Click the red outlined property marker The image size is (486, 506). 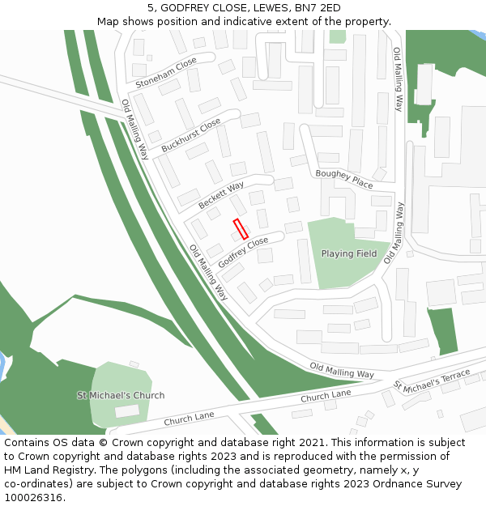(241, 228)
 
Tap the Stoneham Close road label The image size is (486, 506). (166, 72)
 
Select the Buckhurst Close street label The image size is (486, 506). (190, 136)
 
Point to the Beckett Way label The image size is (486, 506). (221, 196)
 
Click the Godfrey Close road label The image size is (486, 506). (243, 253)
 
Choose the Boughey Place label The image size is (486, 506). (344, 179)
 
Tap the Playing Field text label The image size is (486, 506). (349, 253)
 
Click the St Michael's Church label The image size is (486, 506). (121, 395)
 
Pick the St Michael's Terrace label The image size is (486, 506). (432, 380)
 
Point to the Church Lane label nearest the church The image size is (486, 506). (189, 419)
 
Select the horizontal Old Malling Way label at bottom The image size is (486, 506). (342, 370)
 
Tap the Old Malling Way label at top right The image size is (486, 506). (398, 79)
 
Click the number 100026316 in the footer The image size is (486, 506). (33, 498)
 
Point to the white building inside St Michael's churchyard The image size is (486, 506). (126, 411)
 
